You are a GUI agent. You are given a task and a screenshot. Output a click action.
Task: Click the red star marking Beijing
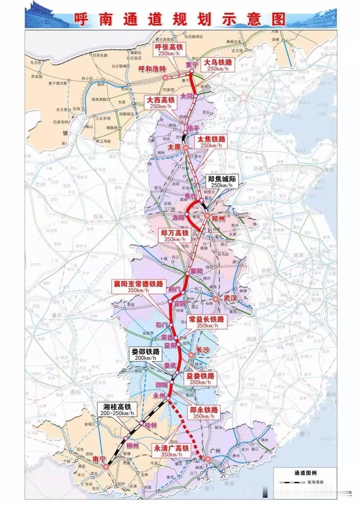point(244,97)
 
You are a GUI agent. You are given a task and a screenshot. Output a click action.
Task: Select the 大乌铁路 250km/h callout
point(218,65)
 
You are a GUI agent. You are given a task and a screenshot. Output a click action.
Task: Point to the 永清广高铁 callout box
point(171,451)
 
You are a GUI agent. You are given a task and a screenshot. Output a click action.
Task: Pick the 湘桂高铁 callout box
point(116,410)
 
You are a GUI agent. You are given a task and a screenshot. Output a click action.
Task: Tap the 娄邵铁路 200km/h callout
point(146,354)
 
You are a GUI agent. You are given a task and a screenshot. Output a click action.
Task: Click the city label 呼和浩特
point(152,69)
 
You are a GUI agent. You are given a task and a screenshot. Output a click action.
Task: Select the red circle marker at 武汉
point(216,299)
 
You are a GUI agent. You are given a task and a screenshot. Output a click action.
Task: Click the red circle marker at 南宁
point(106,467)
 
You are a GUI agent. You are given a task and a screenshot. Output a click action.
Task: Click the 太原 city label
point(174,147)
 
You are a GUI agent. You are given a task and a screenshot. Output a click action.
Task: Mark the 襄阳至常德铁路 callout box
point(138,286)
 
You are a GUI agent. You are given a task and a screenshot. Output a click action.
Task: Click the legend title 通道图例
point(305,473)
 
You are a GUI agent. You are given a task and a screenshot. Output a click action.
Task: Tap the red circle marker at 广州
point(208,459)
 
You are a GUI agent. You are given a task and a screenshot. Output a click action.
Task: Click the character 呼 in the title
point(81,19)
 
